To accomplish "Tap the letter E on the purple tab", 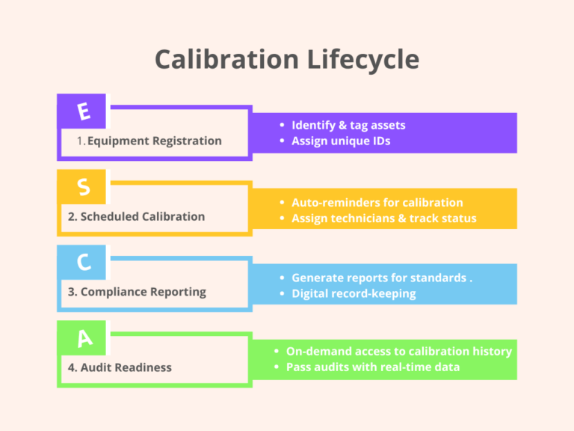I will coord(84,111).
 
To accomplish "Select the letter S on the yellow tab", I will coord(84,187).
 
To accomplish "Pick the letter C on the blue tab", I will coord(84,263).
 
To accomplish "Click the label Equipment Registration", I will coord(154,141).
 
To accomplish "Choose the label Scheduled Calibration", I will coord(136,216).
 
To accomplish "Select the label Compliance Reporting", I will coord(137,292).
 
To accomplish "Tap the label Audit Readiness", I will coord(120,367).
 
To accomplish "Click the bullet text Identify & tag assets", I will coord(348,125).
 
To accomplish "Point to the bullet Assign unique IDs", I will coord(341,141).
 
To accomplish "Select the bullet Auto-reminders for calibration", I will coord(377,202).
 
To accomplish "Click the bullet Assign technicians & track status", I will coord(383,218).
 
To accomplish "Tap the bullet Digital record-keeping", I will coord(354,293).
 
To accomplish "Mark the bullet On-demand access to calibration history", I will coord(398,351).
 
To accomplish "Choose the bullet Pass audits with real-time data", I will coord(372,367).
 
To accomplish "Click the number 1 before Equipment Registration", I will coord(80,141).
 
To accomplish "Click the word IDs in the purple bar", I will coord(380,141).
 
